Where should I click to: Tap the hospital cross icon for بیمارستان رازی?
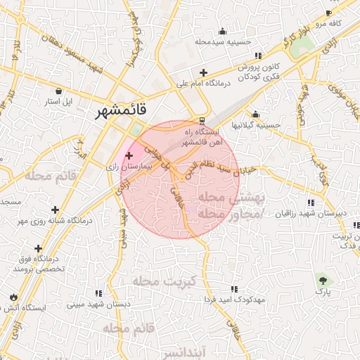click(x=129, y=155)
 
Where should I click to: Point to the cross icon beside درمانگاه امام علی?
click(x=203, y=72)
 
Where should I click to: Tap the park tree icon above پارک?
click(x=322, y=279)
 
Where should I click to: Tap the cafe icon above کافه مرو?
click(x=328, y=13)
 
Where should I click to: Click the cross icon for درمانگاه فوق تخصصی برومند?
click(x=38, y=248)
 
